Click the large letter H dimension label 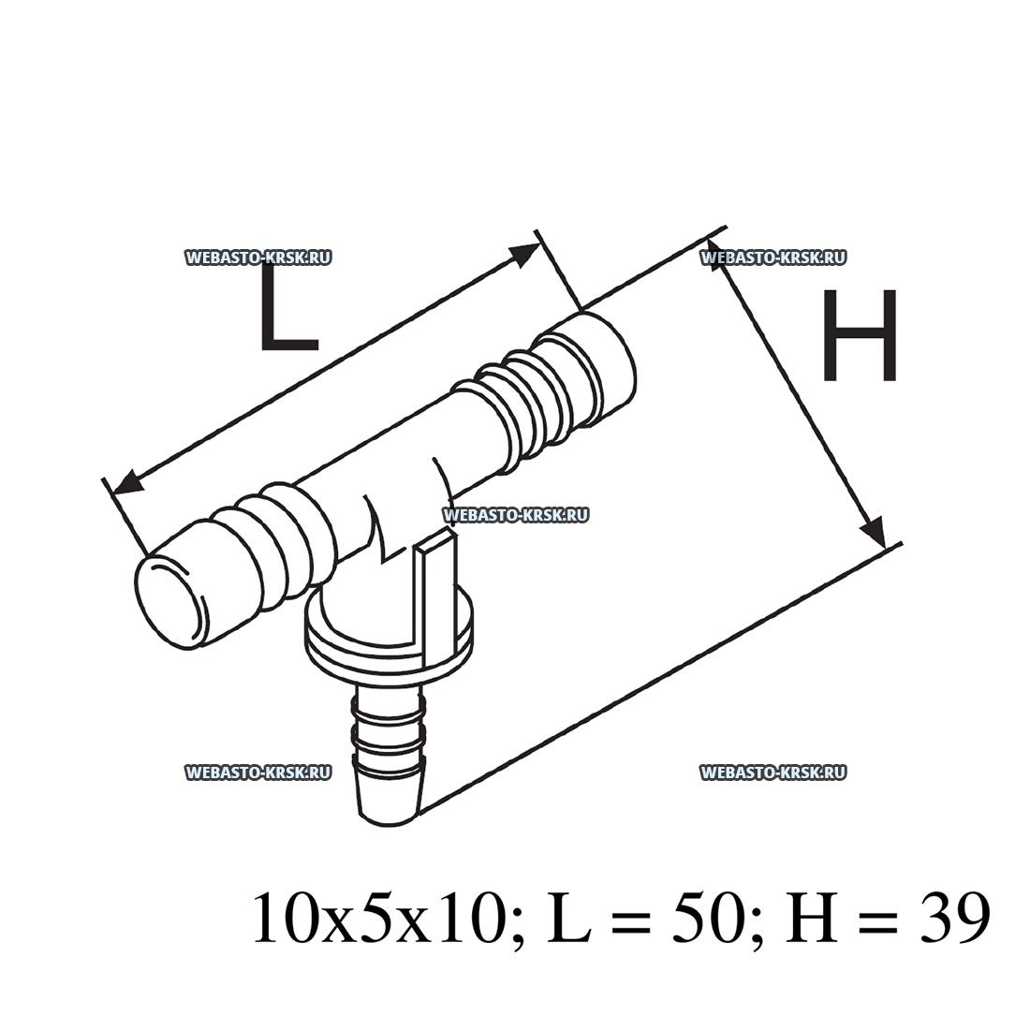coord(860,335)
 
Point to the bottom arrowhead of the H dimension coord(874,531)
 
